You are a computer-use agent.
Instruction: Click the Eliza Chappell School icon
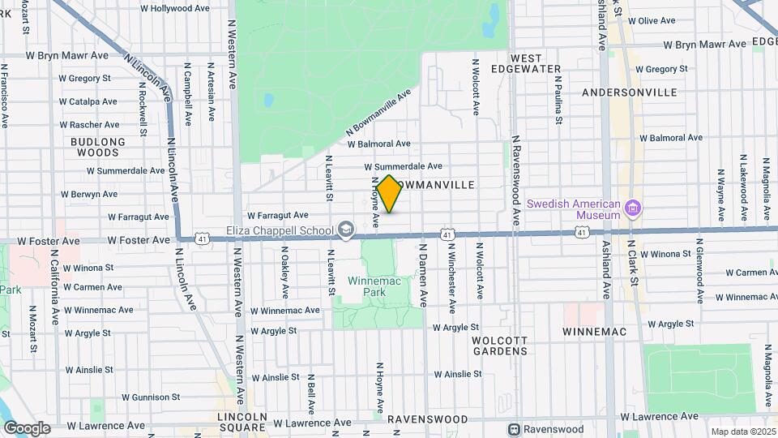tap(347, 230)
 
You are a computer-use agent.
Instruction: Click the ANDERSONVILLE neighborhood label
tap(630, 92)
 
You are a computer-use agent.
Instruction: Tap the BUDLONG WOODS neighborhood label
tap(99, 147)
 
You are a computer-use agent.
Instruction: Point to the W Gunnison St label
tap(151, 397)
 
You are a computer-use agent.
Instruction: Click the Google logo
tap(27, 427)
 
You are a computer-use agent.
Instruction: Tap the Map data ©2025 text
tap(742, 432)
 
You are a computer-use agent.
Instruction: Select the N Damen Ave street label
tap(422, 275)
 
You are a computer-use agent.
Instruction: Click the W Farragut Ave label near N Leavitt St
tap(278, 216)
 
